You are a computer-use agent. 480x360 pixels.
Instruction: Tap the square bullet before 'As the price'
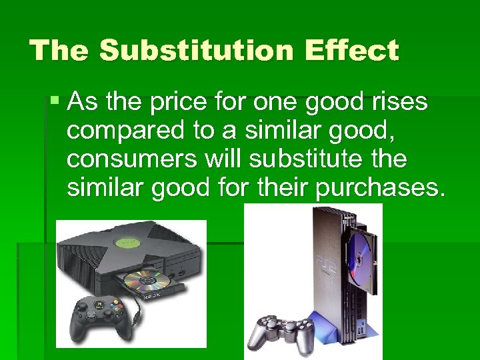coord(55,102)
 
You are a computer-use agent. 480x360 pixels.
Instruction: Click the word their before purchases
coord(281,189)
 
